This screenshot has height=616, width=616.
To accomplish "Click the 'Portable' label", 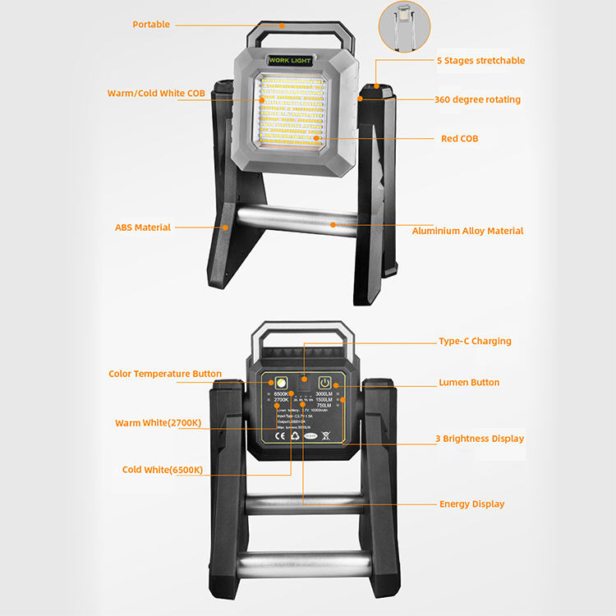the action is click(x=151, y=25).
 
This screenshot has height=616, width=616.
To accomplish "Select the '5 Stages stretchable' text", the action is click(x=480, y=61).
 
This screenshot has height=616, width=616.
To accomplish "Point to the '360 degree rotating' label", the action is click(x=477, y=100).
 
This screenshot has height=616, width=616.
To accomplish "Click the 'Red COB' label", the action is click(x=459, y=139).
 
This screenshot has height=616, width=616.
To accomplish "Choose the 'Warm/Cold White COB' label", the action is click(x=156, y=94).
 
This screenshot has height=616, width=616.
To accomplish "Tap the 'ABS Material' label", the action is click(x=143, y=228).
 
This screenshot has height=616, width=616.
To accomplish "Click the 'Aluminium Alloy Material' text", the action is click(x=467, y=232).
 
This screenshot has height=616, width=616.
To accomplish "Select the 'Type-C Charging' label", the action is click(x=475, y=342).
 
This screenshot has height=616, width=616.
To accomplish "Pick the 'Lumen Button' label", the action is click(x=469, y=383).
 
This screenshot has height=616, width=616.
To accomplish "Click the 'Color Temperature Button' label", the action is click(x=165, y=375).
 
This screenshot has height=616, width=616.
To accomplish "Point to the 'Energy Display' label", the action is click(x=471, y=504).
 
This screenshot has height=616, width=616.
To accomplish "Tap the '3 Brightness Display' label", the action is click(x=480, y=439).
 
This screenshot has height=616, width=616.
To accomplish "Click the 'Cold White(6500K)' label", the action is click(x=163, y=470).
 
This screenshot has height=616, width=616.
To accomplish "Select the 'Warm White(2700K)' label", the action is click(x=159, y=423).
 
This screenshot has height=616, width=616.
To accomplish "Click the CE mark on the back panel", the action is click(x=281, y=436).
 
